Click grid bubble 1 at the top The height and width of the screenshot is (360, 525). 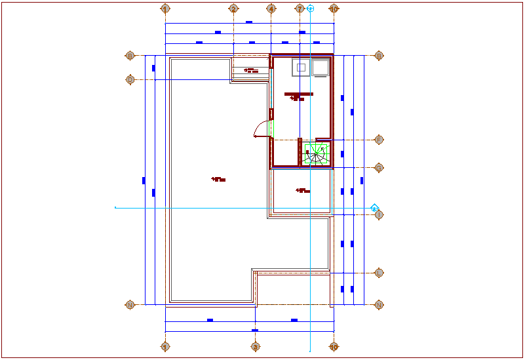click(x=165, y=9)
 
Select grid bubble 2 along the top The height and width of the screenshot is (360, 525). click(x=233, y=9)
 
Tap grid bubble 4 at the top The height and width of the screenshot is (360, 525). click(x=271, y=9)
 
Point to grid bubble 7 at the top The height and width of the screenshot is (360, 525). click(x=300, y=9)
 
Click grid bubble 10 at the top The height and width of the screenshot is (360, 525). click(x=334, y=9)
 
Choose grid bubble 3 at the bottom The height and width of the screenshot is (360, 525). click(x=256, y=347)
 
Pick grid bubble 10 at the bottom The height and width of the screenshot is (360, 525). click(x=334, y=347)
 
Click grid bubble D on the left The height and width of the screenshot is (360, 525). click(x=130, y=79)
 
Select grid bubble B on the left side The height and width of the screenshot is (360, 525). click(x=130, y=56)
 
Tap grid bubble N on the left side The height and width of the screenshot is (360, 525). click(x=130, y=305)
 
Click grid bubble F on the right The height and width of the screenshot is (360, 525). click(x=379, y=140)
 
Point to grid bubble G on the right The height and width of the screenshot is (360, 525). click(x=379, y=168)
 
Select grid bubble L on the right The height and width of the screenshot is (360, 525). click(x=379, y=273)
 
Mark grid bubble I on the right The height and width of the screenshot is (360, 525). click(x=379, y=214)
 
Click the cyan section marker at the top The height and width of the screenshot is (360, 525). click(x=311, y=9)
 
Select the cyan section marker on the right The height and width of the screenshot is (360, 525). click(x=375, y=208)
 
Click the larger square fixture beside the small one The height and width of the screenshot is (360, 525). click(x=321, y=68)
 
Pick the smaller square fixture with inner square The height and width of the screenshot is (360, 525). click(x=301, y=67)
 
